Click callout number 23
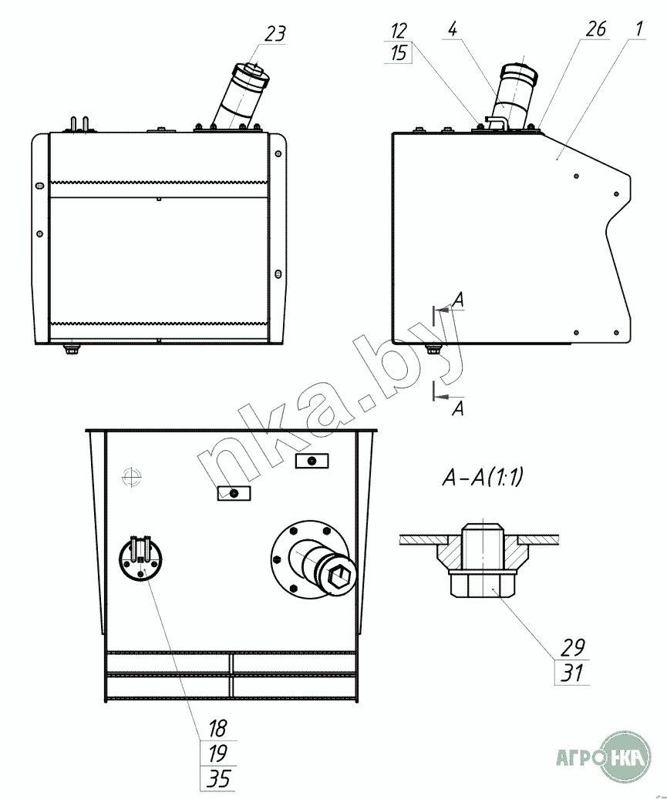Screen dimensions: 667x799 pyautogui.click(x=275, y=34)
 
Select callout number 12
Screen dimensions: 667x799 pyautogui.click(x=398, y=31)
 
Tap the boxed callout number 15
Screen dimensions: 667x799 pyautogui.click(x=399, y=52)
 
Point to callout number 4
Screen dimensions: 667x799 pyautogui.click(x=453, y=29)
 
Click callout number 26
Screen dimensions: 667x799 pyautogui.click(x=595, y=29)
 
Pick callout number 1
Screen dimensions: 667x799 pyautogui.click(x=639, y=29)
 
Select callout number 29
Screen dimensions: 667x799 pyautogui.click(x=572, y=647)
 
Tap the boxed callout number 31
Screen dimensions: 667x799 pyautogui.click(x=572, y=673)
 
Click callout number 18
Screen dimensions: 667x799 pyautogui.click(x=217, y=728)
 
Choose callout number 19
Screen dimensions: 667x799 pyautogui.click(x=217, y=753)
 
